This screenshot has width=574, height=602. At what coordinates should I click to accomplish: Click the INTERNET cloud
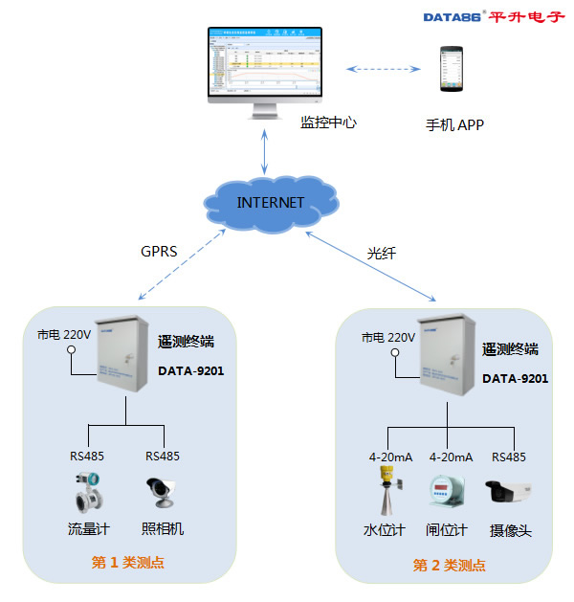[x=271, y=203]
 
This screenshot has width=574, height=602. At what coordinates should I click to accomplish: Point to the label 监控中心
[x=329, y=123]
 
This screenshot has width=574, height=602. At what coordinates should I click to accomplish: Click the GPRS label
[x=159, y=253]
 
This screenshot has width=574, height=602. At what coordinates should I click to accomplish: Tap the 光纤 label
[x=381, y=254]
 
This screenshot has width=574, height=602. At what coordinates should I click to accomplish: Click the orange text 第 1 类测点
[x=126, y=563]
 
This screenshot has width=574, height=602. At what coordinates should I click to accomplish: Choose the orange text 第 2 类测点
[x=449, y=565]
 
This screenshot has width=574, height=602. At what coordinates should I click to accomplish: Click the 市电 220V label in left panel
[x=64, y=335]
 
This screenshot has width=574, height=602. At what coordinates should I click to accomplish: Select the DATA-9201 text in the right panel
[x=515, y=378]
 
